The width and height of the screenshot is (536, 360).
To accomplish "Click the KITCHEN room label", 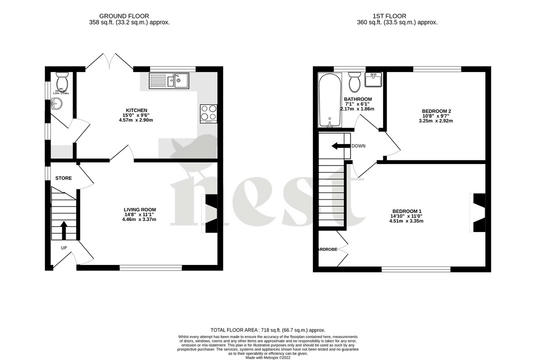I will click(x=136, y=110).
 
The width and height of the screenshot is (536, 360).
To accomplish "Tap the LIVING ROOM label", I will click(x=140, y=209).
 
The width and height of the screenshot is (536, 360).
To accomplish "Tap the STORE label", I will click(x=63, y=178).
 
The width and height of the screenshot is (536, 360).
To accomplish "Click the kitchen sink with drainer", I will click(x=169, y=80).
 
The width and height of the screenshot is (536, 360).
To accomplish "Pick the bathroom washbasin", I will click(x=373, y=79).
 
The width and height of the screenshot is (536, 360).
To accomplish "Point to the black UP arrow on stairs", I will click(x=63, y=230).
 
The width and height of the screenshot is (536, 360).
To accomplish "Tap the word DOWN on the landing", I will click(x=358, y=146).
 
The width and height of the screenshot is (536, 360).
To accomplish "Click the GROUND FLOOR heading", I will click(x=124, y=16).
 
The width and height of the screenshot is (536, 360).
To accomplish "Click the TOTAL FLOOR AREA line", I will click(x=267, y=330).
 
